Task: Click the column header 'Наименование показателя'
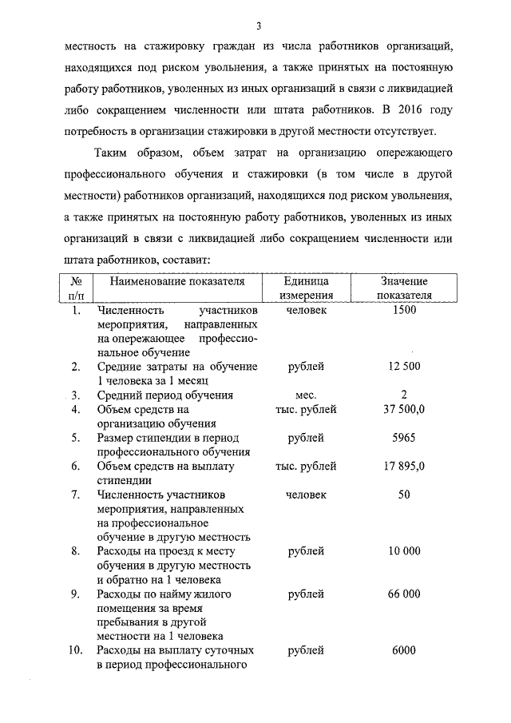click(176, 281)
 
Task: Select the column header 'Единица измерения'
click(307, 288)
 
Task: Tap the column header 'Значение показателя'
click(404, 288)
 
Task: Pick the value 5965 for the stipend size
click(404, 438)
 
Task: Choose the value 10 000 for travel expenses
click(404, 551)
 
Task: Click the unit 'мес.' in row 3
click(307, 395)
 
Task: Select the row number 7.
click(75, 495)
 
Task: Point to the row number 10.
click(75, 650)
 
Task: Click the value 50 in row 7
click(404, 495)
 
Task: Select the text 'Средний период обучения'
click(164, 395)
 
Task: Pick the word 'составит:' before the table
click(186, 260)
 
